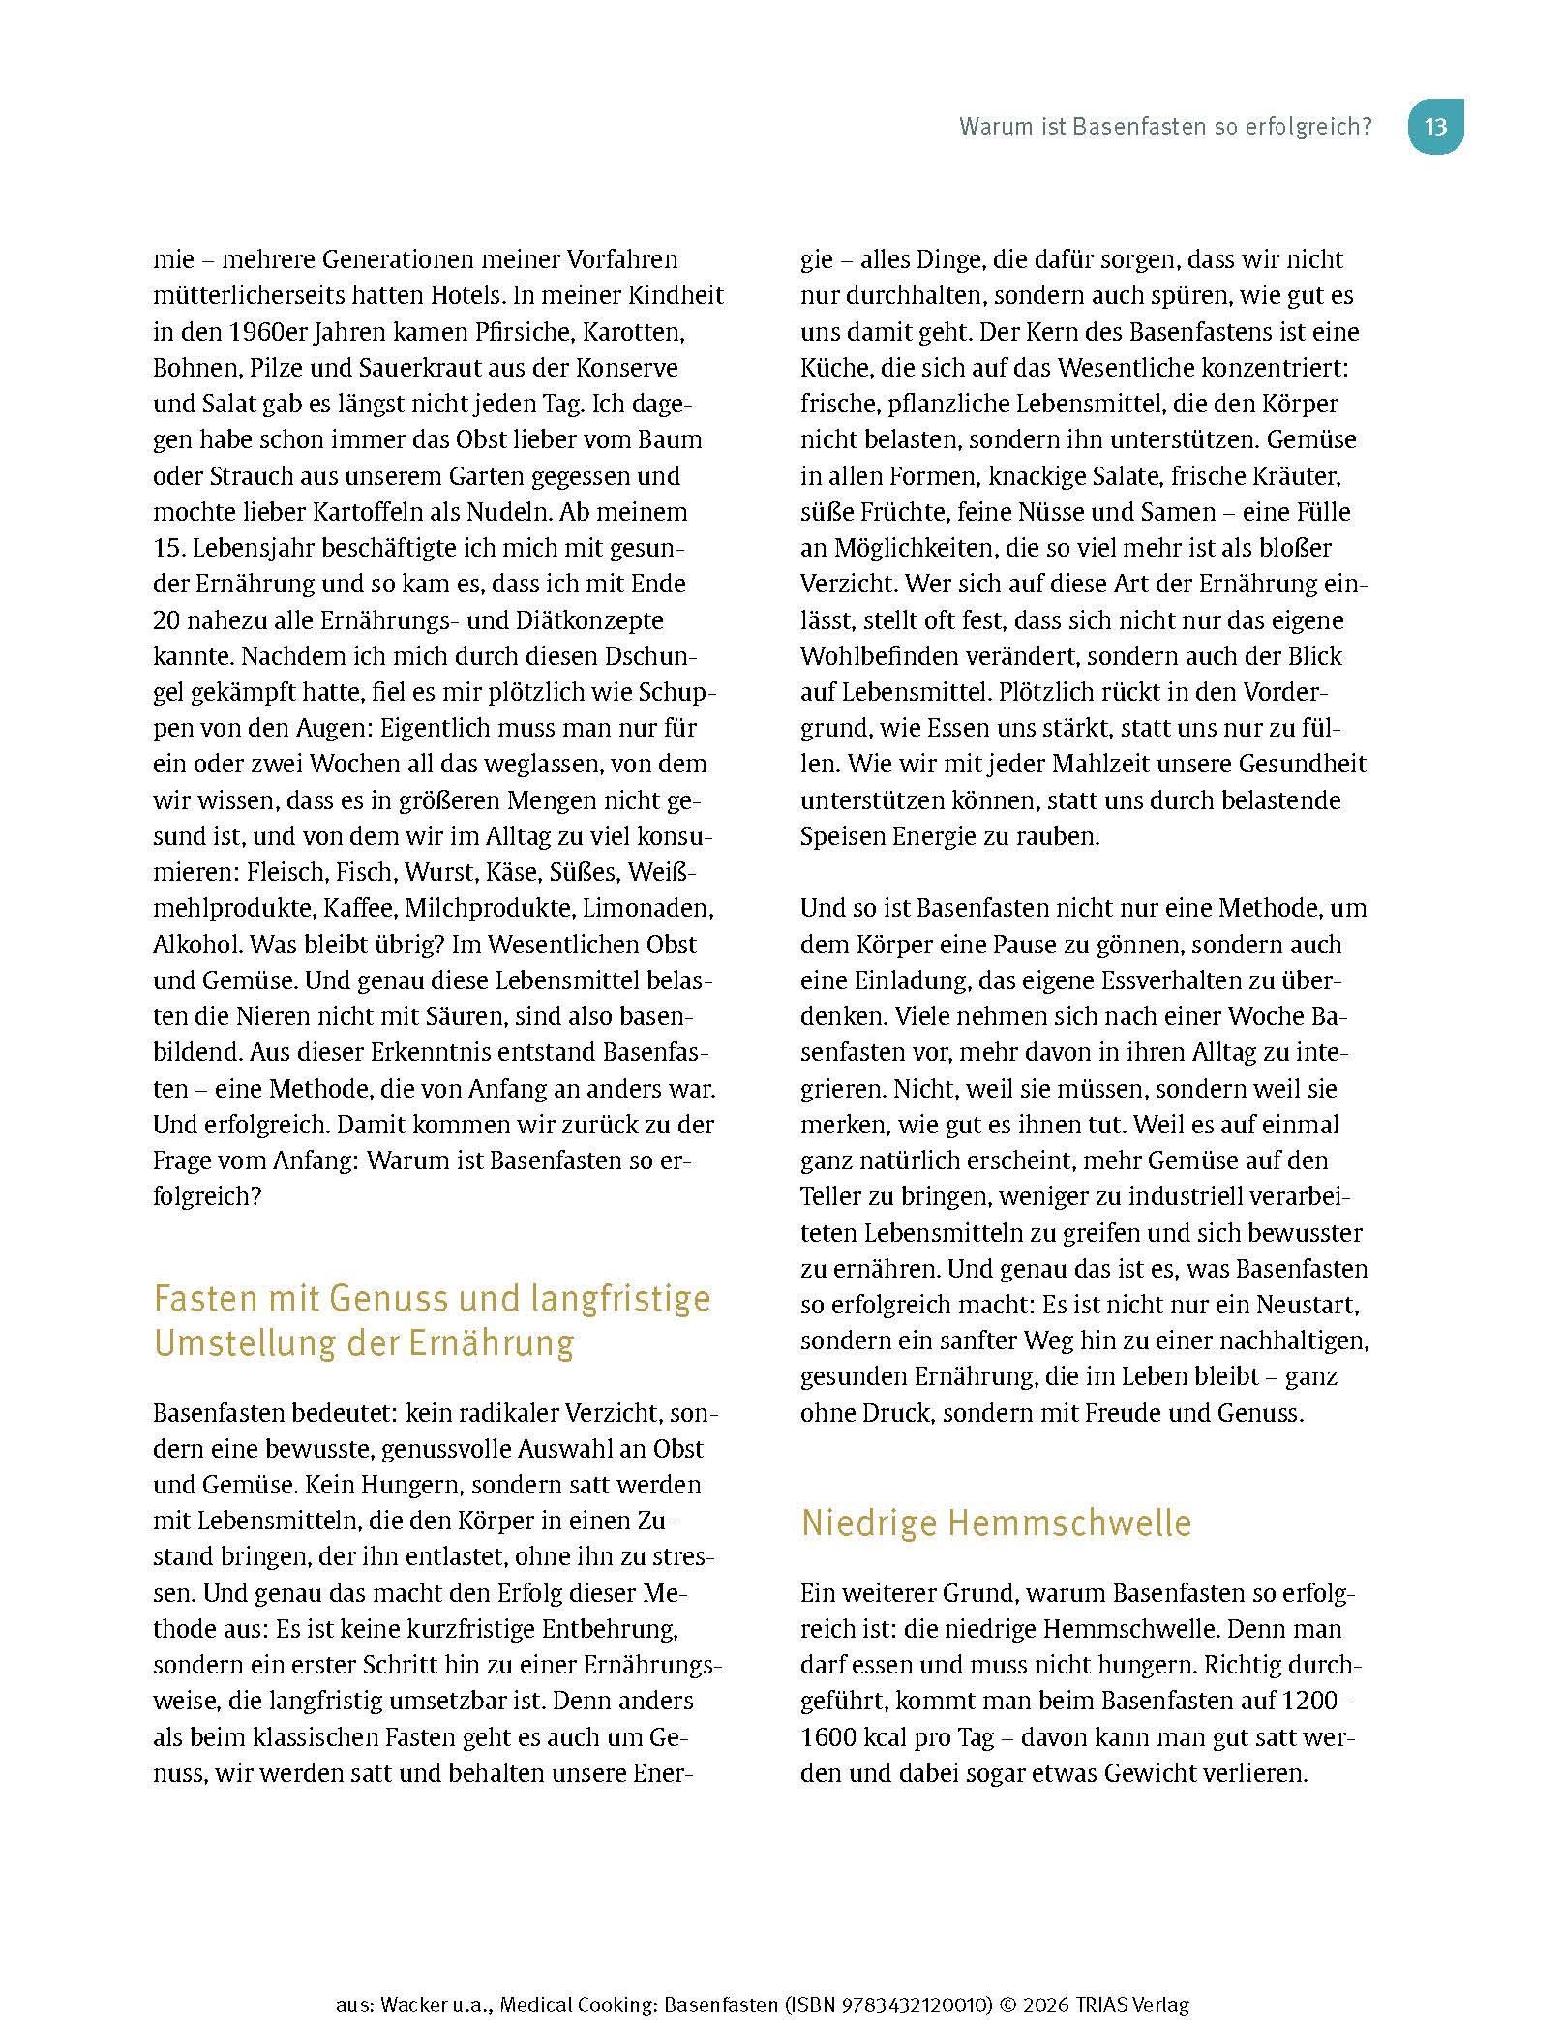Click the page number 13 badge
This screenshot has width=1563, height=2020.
pyautogui.click(x=1435, y=127)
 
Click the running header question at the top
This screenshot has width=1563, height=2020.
pyautogui.click(x=1165, y=127)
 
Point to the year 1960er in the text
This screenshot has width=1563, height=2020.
pyautogui.click(x=275, y=332)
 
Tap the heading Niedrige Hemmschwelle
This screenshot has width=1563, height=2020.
pyautogui.click(x=996, y=1523)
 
